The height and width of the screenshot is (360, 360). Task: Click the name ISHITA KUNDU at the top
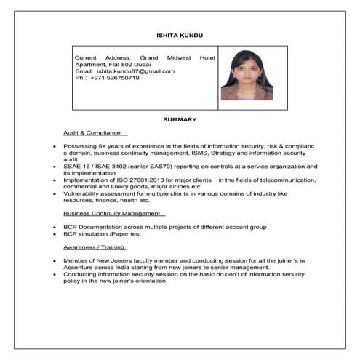pos(180,35)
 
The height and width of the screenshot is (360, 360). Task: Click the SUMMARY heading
pos(180,119)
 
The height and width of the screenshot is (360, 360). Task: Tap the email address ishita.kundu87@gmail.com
pos(136,71)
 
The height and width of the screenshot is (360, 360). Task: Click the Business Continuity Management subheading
pos(112,213)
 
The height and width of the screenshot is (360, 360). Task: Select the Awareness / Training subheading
pos(94,247)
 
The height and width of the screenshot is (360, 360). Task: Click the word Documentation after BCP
pos(98,227)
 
